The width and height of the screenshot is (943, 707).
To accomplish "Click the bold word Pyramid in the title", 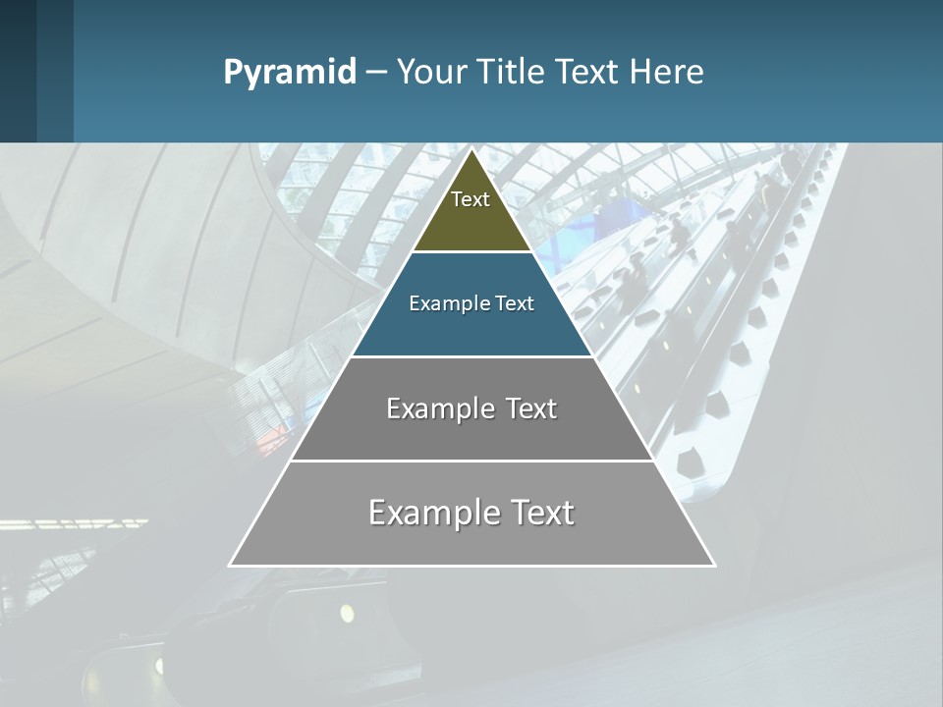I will click(x=290, y=72).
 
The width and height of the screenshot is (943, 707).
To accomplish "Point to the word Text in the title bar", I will click(x=587, y=72).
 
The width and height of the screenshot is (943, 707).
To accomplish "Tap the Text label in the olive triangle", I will click(x=471, y=199).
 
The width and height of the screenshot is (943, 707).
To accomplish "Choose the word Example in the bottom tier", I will click(x=432, y=513).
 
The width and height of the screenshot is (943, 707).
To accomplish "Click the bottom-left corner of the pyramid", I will click(x=231, y=565).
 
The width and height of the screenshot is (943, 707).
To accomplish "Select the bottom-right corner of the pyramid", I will click(x=713, y=565).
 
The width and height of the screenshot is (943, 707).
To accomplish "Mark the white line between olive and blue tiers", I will click(x=471, y=252).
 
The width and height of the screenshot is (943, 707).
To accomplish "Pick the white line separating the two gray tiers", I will click(x=471, y=461).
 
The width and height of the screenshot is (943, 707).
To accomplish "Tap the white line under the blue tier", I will click(x=471, y=356).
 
